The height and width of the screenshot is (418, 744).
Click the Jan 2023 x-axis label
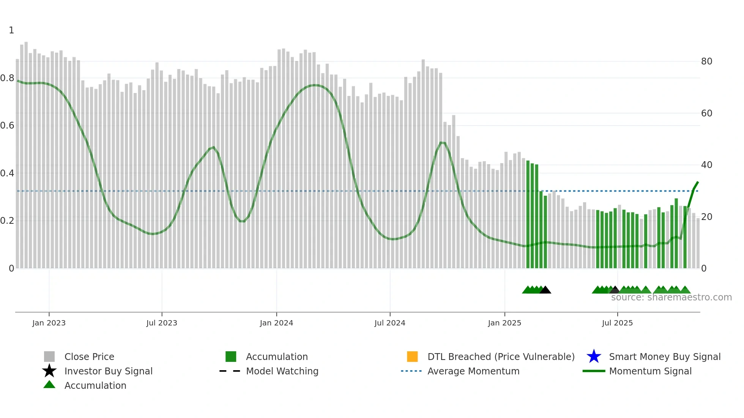49,323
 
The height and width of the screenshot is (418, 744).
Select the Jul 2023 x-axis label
162,323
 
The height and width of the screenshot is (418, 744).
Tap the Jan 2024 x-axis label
276,323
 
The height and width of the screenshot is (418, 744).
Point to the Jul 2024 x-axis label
390,323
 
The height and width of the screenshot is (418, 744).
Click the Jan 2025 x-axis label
504,323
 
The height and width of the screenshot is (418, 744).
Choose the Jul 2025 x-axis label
617,323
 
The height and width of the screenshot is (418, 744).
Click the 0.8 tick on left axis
7,78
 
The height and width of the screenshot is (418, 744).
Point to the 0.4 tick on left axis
7,173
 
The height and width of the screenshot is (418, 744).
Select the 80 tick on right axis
706,61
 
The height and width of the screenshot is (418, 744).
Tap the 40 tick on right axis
706,165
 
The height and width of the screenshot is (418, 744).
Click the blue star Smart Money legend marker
594,357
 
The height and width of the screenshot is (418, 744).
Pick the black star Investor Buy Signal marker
49,371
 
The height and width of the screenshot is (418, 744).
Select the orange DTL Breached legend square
412,357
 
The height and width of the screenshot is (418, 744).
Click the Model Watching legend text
282,371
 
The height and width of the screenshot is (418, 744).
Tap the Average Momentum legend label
473,371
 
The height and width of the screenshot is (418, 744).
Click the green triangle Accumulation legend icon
49,385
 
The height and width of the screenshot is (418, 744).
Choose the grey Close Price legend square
49,357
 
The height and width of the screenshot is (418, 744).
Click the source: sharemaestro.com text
671,297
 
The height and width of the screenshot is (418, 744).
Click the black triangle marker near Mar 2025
545,290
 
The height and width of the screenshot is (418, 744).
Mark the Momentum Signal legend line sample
594,371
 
